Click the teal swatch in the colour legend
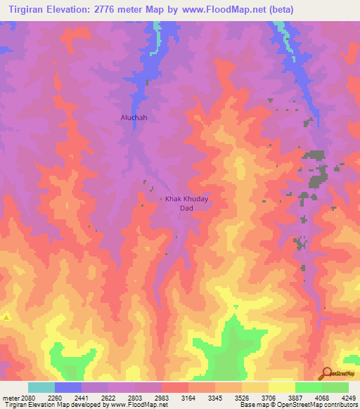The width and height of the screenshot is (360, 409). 41,387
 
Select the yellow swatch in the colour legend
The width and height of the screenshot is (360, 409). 282,387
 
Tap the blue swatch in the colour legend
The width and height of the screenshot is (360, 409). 68,387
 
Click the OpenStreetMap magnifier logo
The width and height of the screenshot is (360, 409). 326,374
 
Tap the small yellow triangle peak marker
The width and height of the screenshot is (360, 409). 6,318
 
